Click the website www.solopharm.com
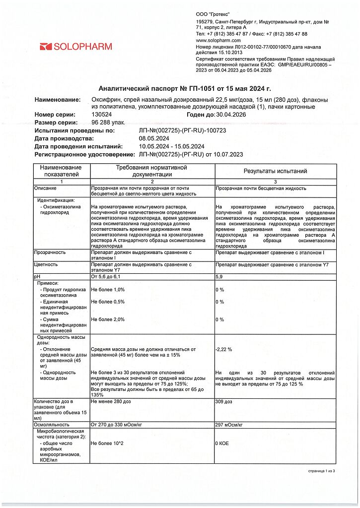pyautogui.click(x=218, y=40)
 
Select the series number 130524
pyautogui.click(x=101, y=115)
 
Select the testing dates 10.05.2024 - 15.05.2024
pyautogui.click(x=172, y=146)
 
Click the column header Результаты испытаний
pyautogui.click(x=275, y=171)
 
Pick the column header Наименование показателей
pyautogui.click(x=61, y=171)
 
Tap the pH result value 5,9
pyautogui.click(x=219, y=276)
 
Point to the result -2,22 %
pyautogui.click(x=224, y=349)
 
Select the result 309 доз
pyautogui.click(x=224, y=401)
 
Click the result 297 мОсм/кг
pyautogui.click(x=229, y=425)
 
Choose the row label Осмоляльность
pyautogui.click(x=52, y=425)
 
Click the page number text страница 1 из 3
pyautogui.click(x=322, y=471)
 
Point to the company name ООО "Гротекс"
pyautogui.click(x=213, y=15)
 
